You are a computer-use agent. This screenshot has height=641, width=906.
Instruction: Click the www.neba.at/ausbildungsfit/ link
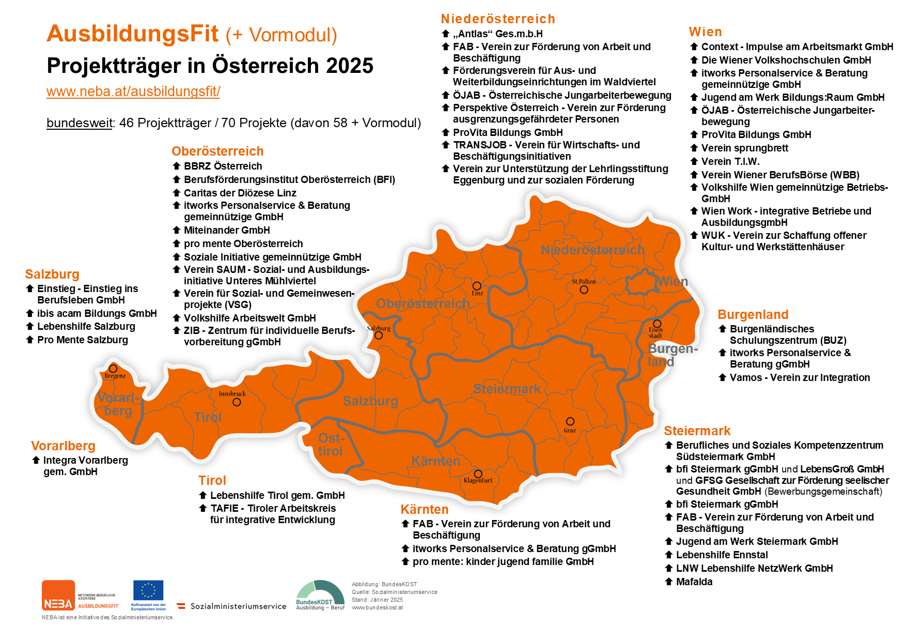pyautogui.click(x=133, y=91)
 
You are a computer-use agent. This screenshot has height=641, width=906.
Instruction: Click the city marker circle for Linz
pyautogui.click(x=477, y=286)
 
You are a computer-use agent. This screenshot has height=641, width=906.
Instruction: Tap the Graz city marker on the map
pyautogui.click(x=570, y=421)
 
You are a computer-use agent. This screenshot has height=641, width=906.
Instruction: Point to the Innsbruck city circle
pyautogui.click(x=237, y=402)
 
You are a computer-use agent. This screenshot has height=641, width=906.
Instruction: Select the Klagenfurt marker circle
pyautogui.click(x=478, y=474)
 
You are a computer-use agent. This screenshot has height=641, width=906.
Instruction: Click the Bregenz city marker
pyautogui.click(x=113, y=369)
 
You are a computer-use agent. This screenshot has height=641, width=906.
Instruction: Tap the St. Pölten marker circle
pyautogui.click(x=584, y=289)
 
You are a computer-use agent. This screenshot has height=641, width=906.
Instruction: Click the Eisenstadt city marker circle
pyautogui.click(x=657, y=324)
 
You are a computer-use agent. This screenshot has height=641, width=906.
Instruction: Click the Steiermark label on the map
pyautogui.click(x=507, y=389)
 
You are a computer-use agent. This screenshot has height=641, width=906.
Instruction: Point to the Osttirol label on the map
pyautogui.click(x=331, y=445)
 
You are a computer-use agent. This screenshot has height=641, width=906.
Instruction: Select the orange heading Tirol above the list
pyautogui.click(x=212, y=480)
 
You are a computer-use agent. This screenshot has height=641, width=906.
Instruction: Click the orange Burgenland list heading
pyautogui.click(x=753, y=314)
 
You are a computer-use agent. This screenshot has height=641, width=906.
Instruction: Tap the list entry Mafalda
pyautogui.click(x=694, y=582)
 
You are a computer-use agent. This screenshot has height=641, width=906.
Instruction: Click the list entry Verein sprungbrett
pyautogui.click(x=744, y=148)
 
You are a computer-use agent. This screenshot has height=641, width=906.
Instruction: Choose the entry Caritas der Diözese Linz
pyautogui.click(x=240, y=193)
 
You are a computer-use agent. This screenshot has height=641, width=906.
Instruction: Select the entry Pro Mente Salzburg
pyautogui.click(x=83, y=340)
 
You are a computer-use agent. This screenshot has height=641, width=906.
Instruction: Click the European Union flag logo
pyautogui.click(x=148, y=590)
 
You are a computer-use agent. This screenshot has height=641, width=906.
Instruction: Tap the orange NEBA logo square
pyautogui.click(x=58, y=595)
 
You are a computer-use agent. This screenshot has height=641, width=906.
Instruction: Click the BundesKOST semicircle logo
pyautogui.click(x=320, y=592)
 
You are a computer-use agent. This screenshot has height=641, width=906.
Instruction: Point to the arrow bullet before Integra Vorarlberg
pyautogui.click(x=36, y=460)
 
